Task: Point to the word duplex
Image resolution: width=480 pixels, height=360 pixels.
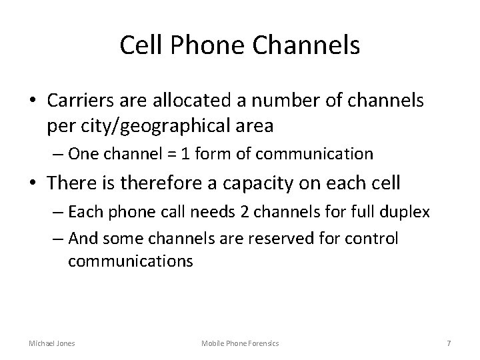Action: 407,213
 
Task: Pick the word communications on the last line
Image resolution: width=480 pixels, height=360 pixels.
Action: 130,261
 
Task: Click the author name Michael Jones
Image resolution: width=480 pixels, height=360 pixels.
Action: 52,343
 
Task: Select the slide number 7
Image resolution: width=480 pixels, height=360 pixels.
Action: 449,343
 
